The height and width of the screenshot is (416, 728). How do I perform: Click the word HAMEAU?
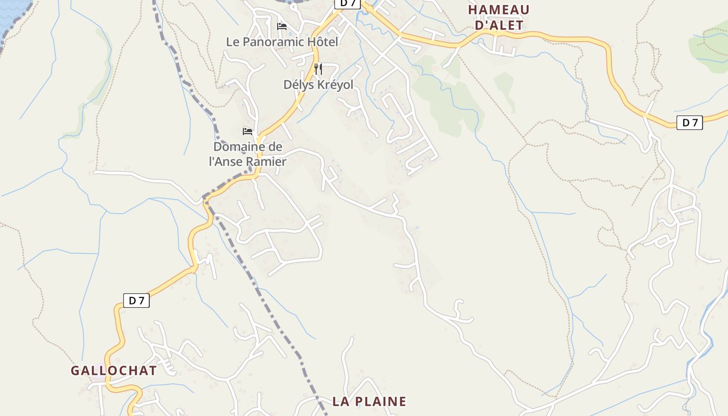(x=499, y=10)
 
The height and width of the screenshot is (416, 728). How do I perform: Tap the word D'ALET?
(x=499, y=24)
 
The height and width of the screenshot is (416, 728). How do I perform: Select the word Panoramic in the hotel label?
(x=272, y=42)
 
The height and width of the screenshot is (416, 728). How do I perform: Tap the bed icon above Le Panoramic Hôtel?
(x=282, y=26)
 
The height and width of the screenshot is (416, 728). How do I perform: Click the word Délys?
(x=298, y=85)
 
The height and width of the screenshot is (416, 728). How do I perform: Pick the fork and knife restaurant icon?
(x=318, y=69)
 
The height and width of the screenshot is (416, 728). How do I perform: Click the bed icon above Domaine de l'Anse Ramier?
(x=248, y=132)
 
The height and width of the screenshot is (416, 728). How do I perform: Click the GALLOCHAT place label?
(x=113, y=371)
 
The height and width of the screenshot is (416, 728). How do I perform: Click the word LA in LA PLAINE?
(x=341, y=401)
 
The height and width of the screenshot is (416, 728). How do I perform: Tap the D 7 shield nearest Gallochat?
(x=136, y=301)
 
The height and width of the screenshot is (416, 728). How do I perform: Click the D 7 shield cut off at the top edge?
(x=347, y=3)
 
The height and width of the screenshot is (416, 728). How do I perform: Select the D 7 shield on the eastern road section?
(x=690, y=123)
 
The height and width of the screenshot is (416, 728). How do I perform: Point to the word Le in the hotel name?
(x=232, y=42)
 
